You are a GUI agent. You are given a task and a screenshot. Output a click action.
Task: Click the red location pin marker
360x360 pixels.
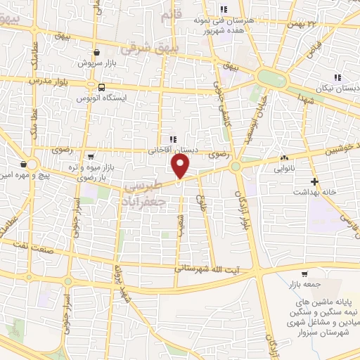(x=181, y=167)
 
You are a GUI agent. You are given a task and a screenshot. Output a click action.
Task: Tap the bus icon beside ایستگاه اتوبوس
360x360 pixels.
(x=103, y=88)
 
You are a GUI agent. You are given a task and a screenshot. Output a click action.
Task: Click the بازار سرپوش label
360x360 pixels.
(x=96, y=63)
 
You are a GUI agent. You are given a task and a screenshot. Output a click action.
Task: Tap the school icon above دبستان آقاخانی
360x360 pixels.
(x=172, y=139)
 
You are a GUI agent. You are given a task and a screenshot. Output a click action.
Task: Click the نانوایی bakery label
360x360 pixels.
(x=284, y=169)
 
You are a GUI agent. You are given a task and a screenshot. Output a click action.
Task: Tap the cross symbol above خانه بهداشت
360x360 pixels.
(x=314, y=181)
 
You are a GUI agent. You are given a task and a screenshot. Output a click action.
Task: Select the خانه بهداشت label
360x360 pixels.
(x=314, y=192)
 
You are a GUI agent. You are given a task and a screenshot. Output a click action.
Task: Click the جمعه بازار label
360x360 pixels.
(x=304, y=284)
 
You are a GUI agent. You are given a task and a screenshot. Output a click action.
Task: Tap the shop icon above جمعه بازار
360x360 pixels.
(x=304, y=274)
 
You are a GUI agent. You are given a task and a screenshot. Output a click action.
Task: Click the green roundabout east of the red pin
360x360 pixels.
(x=236, y=167)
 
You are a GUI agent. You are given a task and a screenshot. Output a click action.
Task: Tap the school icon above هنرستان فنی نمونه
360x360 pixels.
(x=224, y=9)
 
